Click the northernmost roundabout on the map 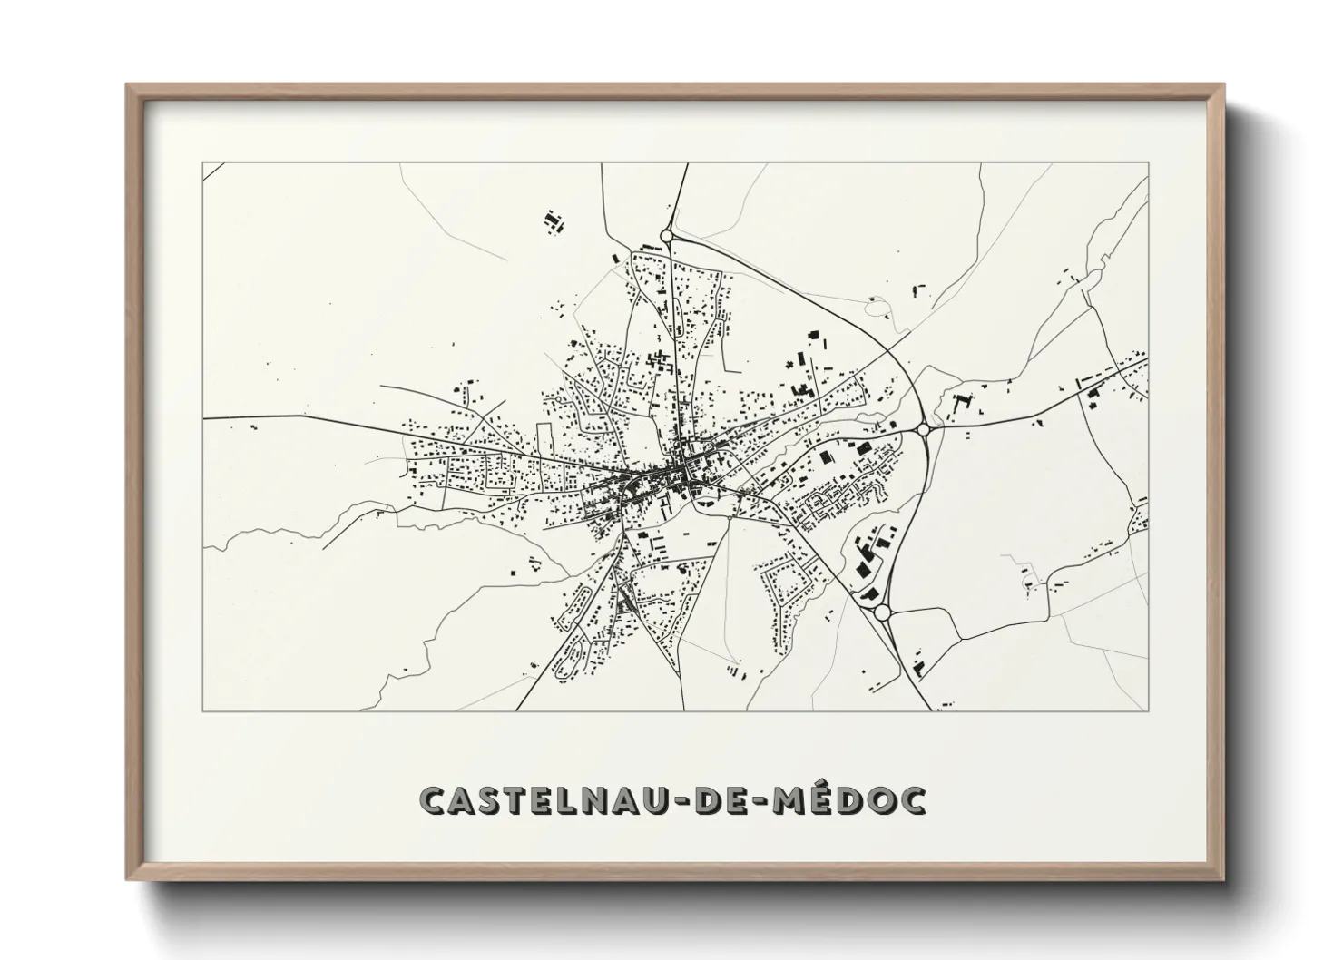[667, 236]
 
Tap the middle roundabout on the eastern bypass [924, 429]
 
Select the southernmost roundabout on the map [882, 613]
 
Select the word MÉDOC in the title [848, 799]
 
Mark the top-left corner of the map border [203, 163]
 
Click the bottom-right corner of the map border [1148, 710]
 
